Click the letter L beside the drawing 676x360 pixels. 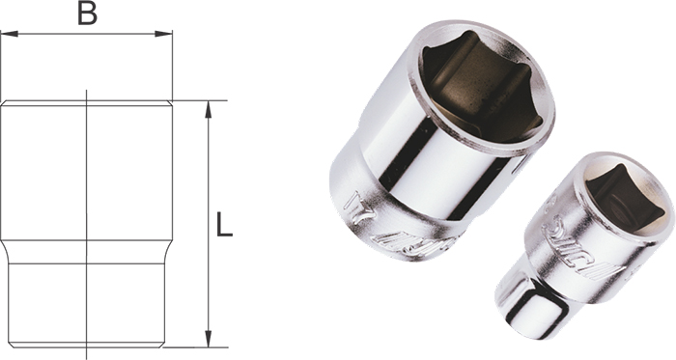coord(223,226)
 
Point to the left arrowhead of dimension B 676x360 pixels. coord(6,35)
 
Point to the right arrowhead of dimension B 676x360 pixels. coord(167,35)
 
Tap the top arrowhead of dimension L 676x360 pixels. coord(208,106)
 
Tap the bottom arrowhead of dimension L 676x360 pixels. coord(208,342)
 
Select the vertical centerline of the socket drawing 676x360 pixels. coord(87,193)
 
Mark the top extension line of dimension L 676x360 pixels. coord(198,100)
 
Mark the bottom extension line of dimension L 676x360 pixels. coord(198,348)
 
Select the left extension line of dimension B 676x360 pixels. coord(1,68)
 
